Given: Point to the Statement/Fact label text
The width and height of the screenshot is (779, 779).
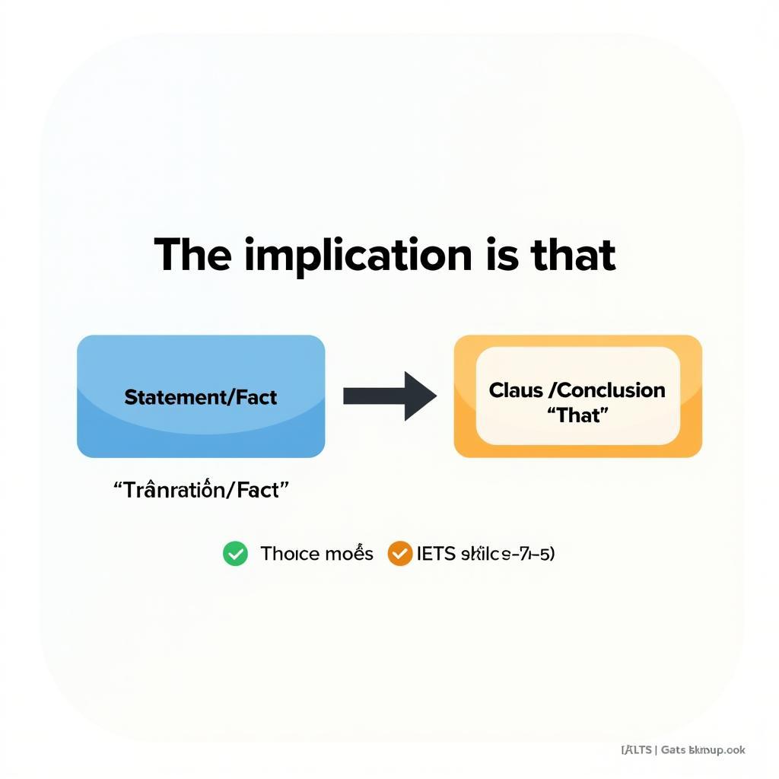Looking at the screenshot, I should [x=201, y=397].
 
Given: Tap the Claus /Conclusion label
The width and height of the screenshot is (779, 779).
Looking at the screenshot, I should [x=577, y=390].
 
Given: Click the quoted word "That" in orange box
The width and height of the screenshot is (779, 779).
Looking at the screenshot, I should [x=577, y=415].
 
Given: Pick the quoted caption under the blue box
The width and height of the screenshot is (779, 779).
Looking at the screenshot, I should [x=202, y=491].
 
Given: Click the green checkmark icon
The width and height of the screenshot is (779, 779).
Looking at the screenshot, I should [x=235, y=553].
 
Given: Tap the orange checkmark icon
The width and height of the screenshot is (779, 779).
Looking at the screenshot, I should [x=399, y=553].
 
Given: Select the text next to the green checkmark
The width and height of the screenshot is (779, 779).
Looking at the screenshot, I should [x=316, y=553].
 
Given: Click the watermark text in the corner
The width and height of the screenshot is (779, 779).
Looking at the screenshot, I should [x=683, y=750].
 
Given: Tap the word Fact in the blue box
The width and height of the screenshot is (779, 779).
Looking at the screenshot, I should [x=257, y=397].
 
